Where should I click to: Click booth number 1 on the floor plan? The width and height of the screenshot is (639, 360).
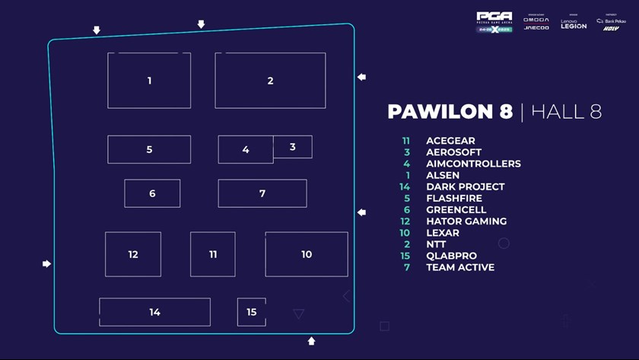tap(149, 81)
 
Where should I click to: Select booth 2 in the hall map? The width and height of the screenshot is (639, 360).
tap(270, 81)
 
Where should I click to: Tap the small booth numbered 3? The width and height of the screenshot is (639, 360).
tap(293, 147)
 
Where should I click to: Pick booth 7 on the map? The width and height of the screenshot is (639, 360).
tap(262, 193)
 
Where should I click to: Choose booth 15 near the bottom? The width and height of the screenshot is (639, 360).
tap(252, 312)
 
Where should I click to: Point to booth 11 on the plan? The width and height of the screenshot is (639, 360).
tap(213, 254)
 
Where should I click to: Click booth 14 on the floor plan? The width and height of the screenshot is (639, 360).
tap(155, 312)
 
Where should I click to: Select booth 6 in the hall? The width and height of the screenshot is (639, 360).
tap(152, 193)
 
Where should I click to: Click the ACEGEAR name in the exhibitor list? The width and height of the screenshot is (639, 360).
tap(450, 141)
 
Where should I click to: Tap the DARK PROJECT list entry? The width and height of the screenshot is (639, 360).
tap(465, 186)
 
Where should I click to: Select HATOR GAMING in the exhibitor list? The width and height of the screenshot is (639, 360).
tap(466, 221)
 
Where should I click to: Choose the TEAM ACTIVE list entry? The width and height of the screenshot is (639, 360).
tap(460, 267)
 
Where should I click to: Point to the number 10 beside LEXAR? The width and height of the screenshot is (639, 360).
tap(405, 233)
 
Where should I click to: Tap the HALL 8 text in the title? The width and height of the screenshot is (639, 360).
tap(566, 112)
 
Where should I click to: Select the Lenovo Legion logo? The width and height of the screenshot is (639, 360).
tap(574, 24)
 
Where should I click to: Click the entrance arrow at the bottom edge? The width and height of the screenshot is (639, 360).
tap(311, 341)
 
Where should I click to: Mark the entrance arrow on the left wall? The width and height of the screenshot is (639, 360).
tap(46, 264)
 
